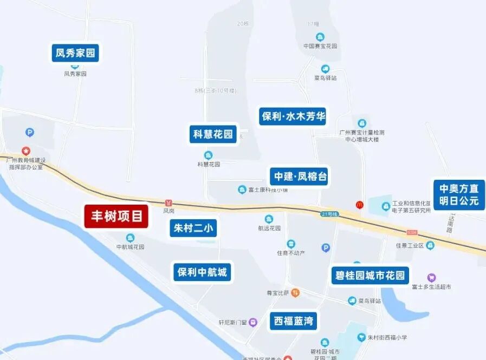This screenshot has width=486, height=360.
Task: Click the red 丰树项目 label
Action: (x=116, y=217)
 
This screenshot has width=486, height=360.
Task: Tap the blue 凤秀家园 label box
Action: (x=75, y=53)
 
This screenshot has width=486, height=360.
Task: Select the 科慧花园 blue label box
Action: (x=213, y=134)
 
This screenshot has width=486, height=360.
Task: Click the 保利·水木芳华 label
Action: (x=293, y=116)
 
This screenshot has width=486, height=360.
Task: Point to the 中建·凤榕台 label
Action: (x=300, y=176)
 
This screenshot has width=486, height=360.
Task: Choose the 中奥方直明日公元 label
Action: (x=459, y=195)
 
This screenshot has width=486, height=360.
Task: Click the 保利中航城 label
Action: (x=202, y=272)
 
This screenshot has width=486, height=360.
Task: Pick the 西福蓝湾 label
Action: (x=293, y=320)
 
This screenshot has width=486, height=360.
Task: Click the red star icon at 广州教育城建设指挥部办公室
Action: (x=25, y=150)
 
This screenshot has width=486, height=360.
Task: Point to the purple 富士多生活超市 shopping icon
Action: (x=431, y=277)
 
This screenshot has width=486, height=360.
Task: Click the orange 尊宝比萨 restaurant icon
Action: (x=295, y=293)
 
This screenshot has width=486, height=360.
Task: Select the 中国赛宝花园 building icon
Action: (x=321, y=37)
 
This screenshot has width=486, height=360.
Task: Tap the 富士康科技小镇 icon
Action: (x=242, y=189)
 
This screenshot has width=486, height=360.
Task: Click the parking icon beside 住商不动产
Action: (x=325, y=248)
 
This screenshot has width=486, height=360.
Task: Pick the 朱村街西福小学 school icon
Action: (x=361, y=337)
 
